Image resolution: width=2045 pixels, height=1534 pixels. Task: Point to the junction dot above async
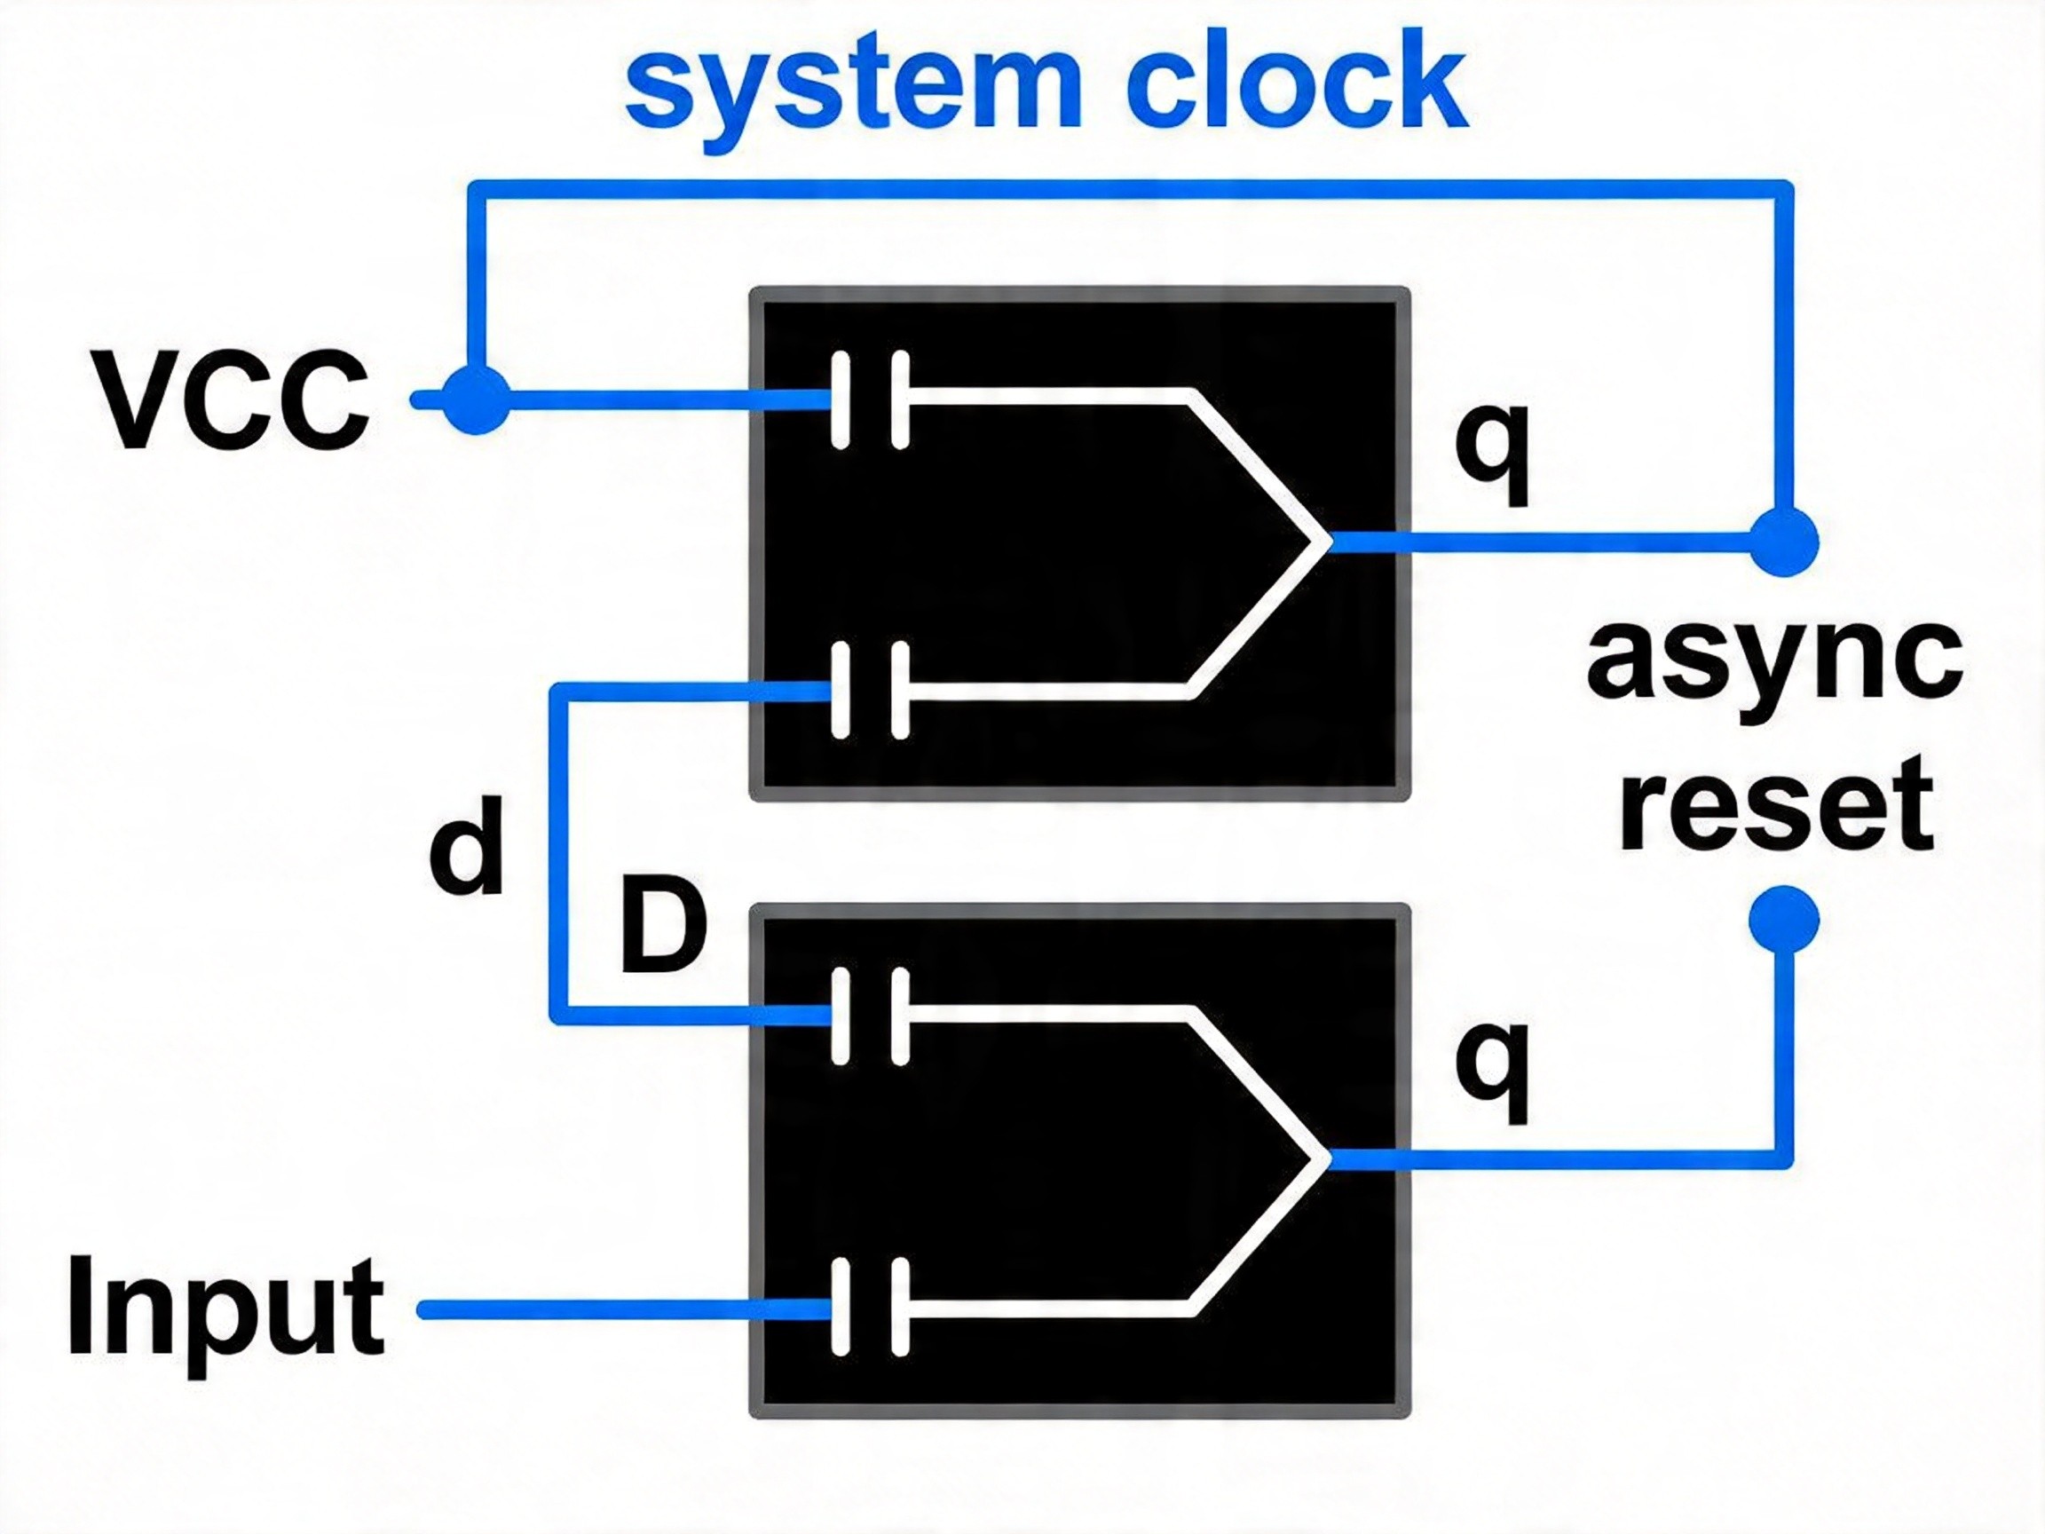(1785, 542)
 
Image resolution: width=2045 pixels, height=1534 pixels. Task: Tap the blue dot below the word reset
(1785, 919)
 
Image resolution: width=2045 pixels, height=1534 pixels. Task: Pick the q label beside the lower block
(1494, 1071)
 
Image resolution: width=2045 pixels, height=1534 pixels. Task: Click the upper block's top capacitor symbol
(870, 400)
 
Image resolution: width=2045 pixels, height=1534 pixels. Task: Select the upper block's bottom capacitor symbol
(870, 691)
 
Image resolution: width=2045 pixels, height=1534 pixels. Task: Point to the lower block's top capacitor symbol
(870, 1017)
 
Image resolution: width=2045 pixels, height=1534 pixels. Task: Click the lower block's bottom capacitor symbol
(870, 1308)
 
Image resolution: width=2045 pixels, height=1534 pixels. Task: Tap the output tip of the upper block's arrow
(1330, 542)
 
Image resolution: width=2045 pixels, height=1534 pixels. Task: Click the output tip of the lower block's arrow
(1330, 1158)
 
